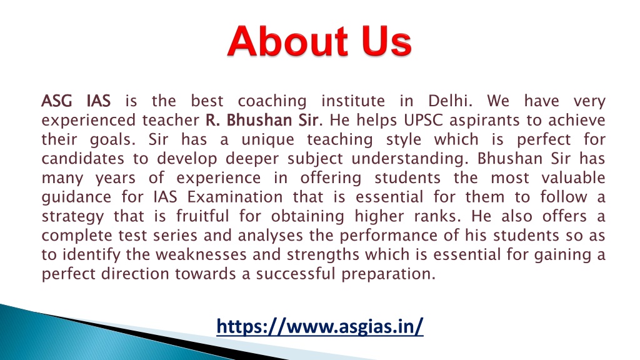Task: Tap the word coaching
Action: [272, 100]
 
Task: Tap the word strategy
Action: [68, 217]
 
